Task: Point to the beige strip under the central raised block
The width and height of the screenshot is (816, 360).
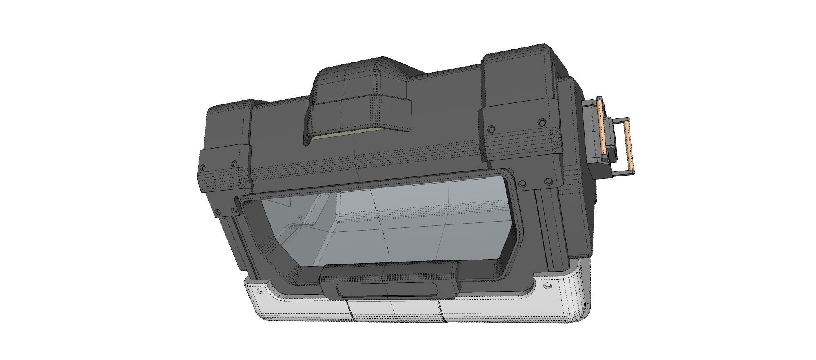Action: pos(347,135)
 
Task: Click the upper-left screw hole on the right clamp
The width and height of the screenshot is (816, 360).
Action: pos(492,129)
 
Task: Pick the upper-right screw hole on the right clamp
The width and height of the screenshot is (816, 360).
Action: pos(542,122)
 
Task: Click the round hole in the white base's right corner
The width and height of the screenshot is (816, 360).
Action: pos(548,286)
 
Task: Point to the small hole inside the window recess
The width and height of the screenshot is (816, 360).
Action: pos(299,218)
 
